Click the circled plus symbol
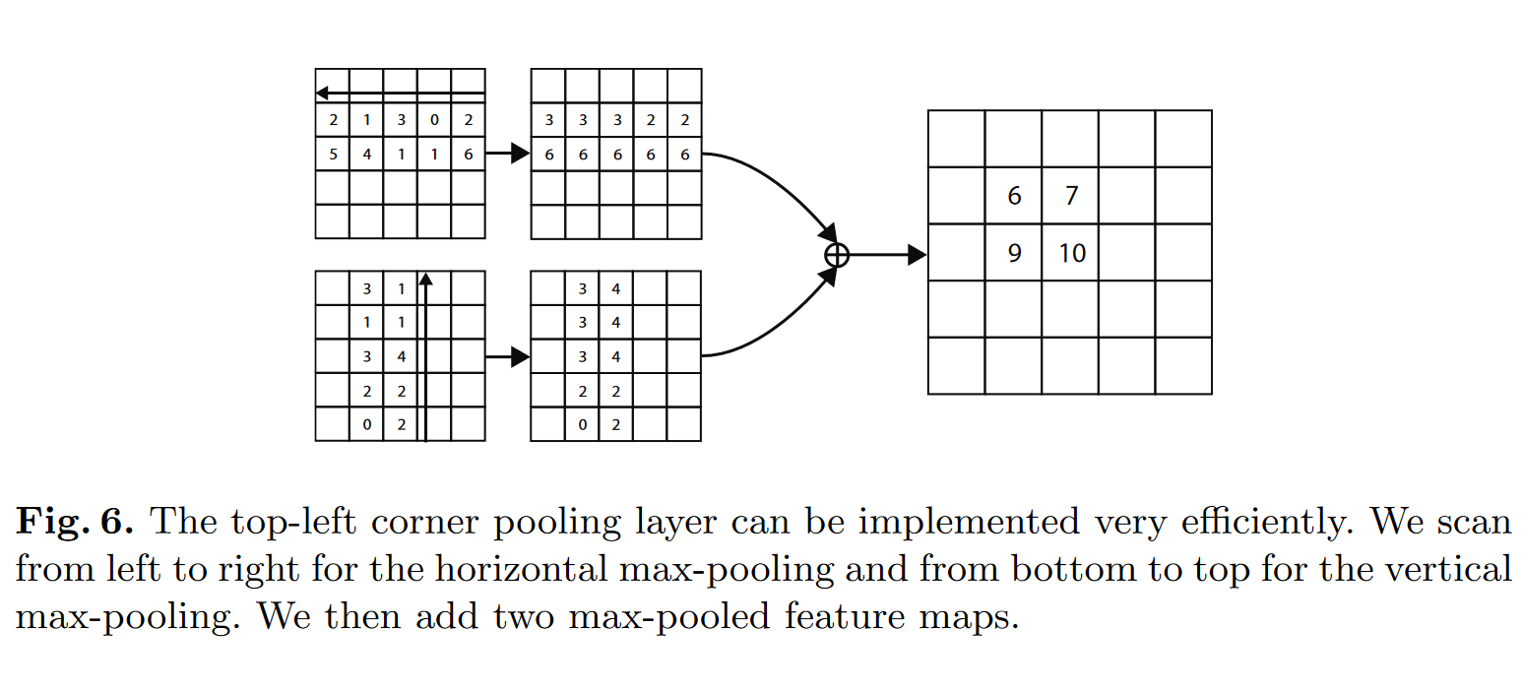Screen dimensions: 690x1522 (x=836, y=255)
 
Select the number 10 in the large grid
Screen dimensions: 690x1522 (x=1071, y=253)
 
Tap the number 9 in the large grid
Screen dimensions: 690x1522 (x=1014, y=253)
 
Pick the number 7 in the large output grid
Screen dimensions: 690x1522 (x=1071, y=196)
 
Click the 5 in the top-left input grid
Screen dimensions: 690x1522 (x=333, y=154)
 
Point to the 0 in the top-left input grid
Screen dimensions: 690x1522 (x=434, y=120)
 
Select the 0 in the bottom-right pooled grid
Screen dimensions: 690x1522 (x=583, y=425)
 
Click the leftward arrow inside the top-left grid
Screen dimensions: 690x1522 (x=400, y=94)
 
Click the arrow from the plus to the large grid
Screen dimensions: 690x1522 (x=886, y=255)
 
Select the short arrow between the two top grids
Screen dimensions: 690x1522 (x=507, y=154)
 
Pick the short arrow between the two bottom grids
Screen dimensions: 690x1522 (x=507, y=357)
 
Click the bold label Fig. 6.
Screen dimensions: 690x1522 (x=74, y=522)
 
